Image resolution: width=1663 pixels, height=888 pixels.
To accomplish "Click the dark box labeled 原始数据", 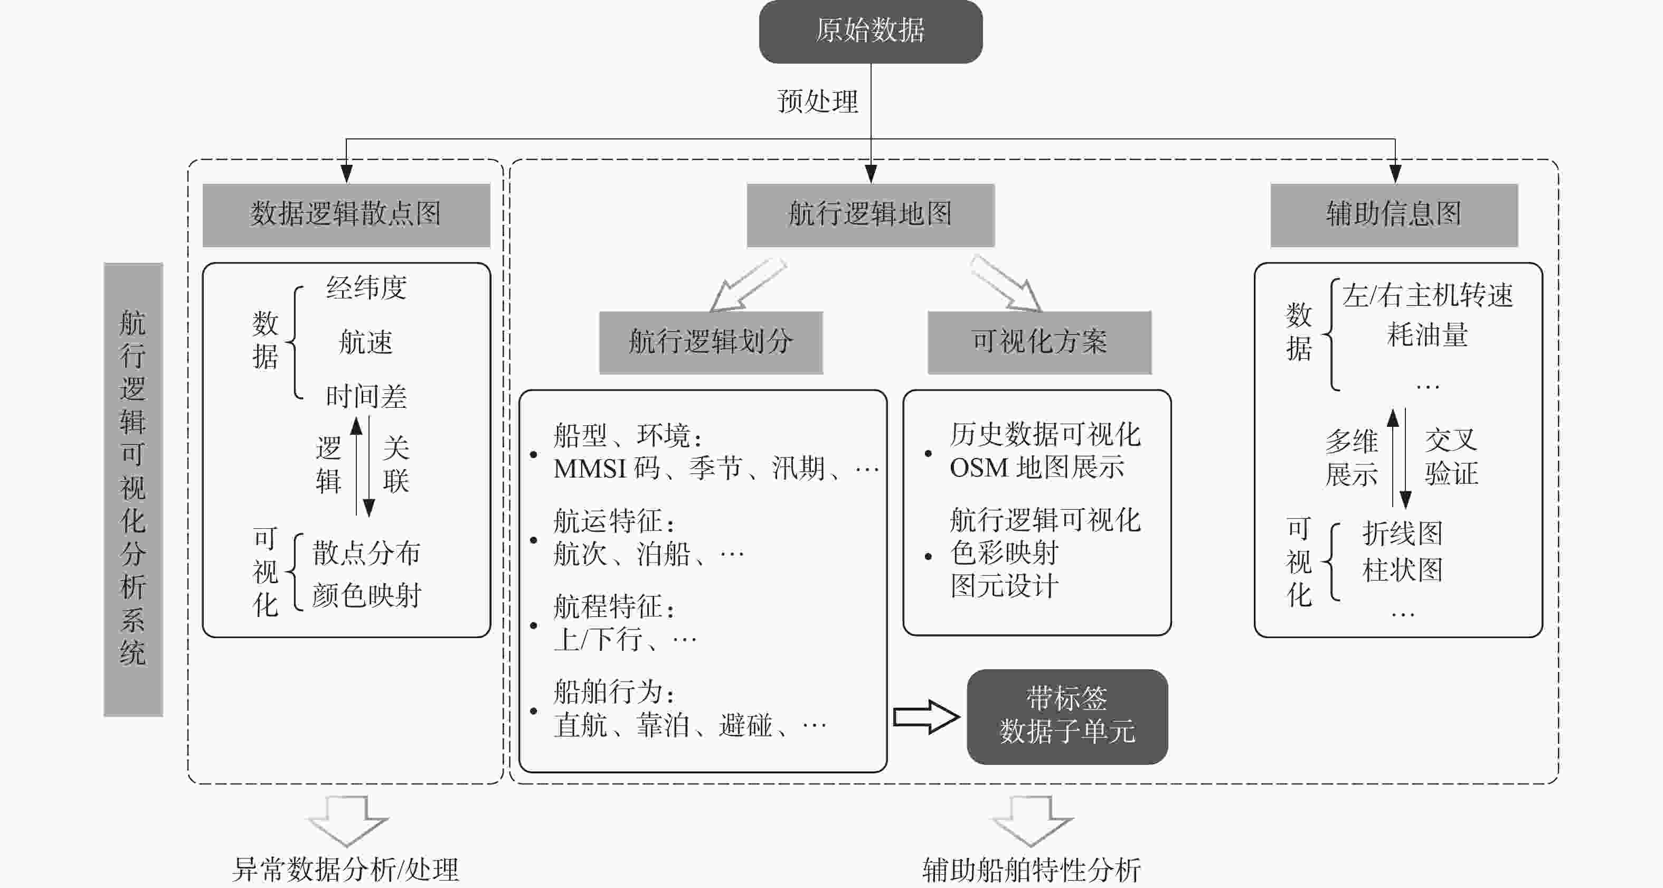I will point(870,31).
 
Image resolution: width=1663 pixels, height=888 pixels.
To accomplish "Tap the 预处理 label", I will point(817,101).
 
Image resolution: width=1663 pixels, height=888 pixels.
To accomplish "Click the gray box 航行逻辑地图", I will point(870,214).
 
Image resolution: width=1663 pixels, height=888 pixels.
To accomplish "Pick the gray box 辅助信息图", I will point(1394,214).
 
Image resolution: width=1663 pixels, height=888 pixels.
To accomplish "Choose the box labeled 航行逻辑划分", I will point(711,342).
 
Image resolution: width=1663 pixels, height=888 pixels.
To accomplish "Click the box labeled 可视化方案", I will point(1040,342).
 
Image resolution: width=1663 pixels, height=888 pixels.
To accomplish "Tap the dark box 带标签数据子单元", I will point(1067,716).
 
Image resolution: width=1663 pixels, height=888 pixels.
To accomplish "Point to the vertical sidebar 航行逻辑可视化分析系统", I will point(133,489).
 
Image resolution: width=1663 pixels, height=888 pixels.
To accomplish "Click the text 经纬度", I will point(366,288).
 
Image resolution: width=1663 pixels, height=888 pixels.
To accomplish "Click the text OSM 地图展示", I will point(1037,468).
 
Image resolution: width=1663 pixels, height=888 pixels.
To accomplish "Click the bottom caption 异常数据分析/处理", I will point(345,870).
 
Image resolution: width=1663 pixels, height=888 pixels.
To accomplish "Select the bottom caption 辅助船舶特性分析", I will point(1031,870).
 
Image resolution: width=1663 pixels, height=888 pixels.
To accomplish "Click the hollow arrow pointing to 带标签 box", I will point(926,716).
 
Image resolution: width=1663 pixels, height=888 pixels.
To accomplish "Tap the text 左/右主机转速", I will point(1428,296).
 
